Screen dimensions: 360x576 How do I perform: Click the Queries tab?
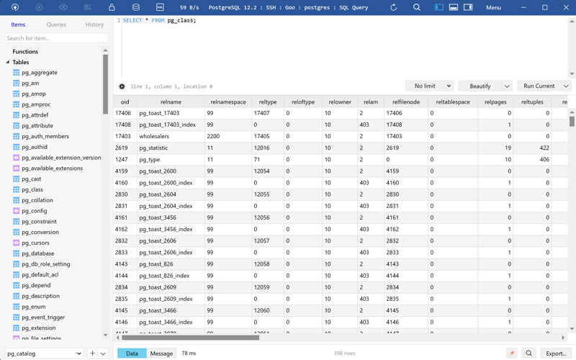click(x=56, y=24)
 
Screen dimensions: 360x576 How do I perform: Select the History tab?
click(x=94, y=24)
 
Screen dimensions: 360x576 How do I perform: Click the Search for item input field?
click(x=56, y=38)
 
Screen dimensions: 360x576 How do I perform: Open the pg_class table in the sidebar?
click(x=32, y=189)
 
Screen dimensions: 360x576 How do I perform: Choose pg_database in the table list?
click(x=37, y=253)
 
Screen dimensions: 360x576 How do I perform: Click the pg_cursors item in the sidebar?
click(x=35, y=243)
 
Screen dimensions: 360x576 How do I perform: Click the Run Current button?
click(x=539, y=86)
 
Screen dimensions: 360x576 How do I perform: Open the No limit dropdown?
click(x=429, y=86)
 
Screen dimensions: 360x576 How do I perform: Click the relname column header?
click(x=171, y=102)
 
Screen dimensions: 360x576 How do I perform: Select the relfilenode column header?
click(x=405, y=102)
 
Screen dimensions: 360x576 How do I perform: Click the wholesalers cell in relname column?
click(x=158, y=136)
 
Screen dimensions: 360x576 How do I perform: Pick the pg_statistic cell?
click(x=153, y=148)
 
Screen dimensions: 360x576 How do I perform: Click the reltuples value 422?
click(x=544, y=148)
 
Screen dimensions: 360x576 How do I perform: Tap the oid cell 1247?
click(x=122, y=159)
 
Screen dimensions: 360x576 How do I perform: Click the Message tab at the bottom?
click(x=161, y=354)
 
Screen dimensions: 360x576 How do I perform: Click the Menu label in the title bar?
click(x=493, y=7)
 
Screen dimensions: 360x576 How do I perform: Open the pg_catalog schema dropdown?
click(x=44, y=354)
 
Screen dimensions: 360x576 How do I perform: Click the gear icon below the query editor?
click(x=122, y=86)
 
